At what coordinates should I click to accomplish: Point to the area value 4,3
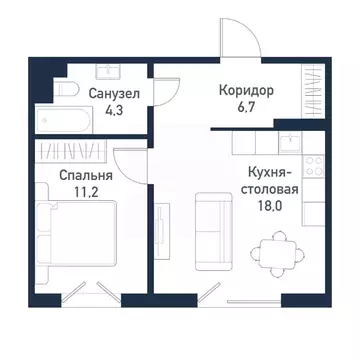click(112, 111)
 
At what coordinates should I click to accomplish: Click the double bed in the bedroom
click(72, 240)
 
